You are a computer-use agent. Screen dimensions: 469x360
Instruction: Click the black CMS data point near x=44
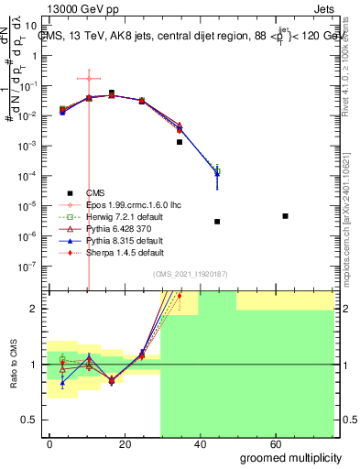click(217, 222)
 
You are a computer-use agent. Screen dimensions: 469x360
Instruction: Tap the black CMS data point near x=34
click(180, 142)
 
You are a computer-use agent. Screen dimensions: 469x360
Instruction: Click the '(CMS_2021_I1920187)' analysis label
click(189, 274)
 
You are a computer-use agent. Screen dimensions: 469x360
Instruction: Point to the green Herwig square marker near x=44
click(217, 171)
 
